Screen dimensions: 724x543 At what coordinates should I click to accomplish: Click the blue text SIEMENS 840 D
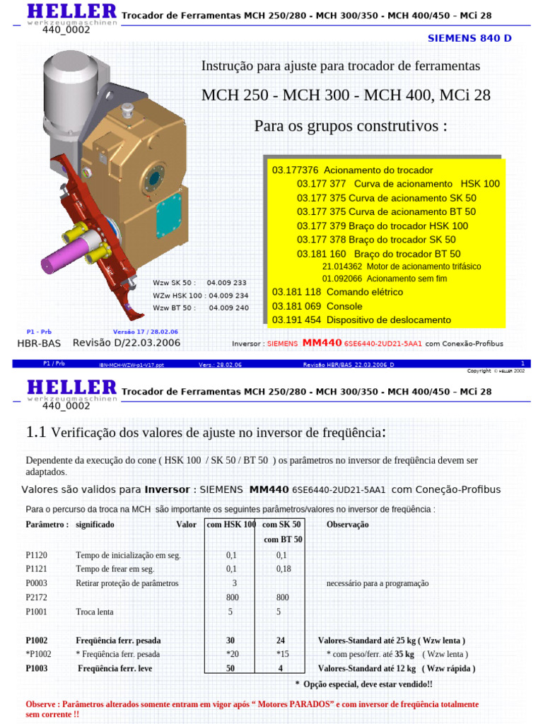[469, 37]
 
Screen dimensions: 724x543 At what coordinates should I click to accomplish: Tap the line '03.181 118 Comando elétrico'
[337, 292]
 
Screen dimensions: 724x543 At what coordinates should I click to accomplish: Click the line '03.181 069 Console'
[317, 306]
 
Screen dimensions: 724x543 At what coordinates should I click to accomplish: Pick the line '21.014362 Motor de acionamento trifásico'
[401, 267]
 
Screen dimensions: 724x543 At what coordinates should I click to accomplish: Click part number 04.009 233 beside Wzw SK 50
[226, 282]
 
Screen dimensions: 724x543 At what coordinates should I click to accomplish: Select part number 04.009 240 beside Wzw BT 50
[228, 308]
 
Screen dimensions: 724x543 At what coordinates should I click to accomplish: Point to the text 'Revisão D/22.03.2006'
[127, 343]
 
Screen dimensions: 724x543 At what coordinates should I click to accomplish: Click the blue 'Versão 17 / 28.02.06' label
[145, 332]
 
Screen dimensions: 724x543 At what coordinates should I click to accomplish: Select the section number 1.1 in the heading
[35, 432]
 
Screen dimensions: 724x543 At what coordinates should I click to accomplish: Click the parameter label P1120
[37, 555]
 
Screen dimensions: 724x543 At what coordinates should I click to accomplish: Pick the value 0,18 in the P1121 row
[282, 569]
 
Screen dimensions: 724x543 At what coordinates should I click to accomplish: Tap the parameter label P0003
[37, 583]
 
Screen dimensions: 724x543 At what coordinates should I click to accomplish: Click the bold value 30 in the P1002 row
[230, 641]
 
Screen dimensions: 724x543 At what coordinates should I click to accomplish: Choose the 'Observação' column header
[347, 525]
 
